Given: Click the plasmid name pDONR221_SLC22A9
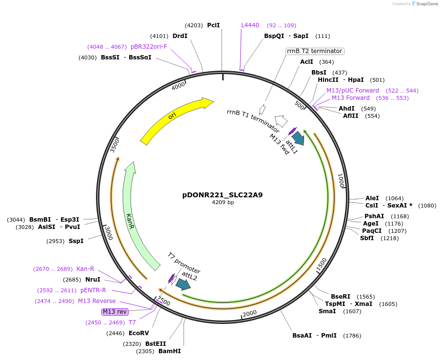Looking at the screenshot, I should (x=223, y=195).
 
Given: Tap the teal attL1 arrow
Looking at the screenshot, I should (x=298, y=138).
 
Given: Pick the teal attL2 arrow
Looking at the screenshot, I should (x=183, y=284).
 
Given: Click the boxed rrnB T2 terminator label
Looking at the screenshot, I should (x=314, y=51).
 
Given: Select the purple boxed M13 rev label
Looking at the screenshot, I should (x=115, y=311).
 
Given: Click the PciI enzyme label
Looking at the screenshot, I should (x=213, y=25).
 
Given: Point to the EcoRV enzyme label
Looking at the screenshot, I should (x=139, y=333).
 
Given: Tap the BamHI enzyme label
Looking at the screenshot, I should (x=170, y=351).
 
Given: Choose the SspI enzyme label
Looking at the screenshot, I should (x=76, y=241).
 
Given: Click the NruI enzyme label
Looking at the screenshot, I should (x=93, y=280).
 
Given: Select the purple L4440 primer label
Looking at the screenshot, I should (x=250, y=25).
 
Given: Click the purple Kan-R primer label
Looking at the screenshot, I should (x=85, y=269).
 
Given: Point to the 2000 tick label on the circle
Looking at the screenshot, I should (x=249, y=313).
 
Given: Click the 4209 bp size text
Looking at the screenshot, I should (x=223, y=202).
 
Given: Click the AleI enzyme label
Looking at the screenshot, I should (x=372, y=198).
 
